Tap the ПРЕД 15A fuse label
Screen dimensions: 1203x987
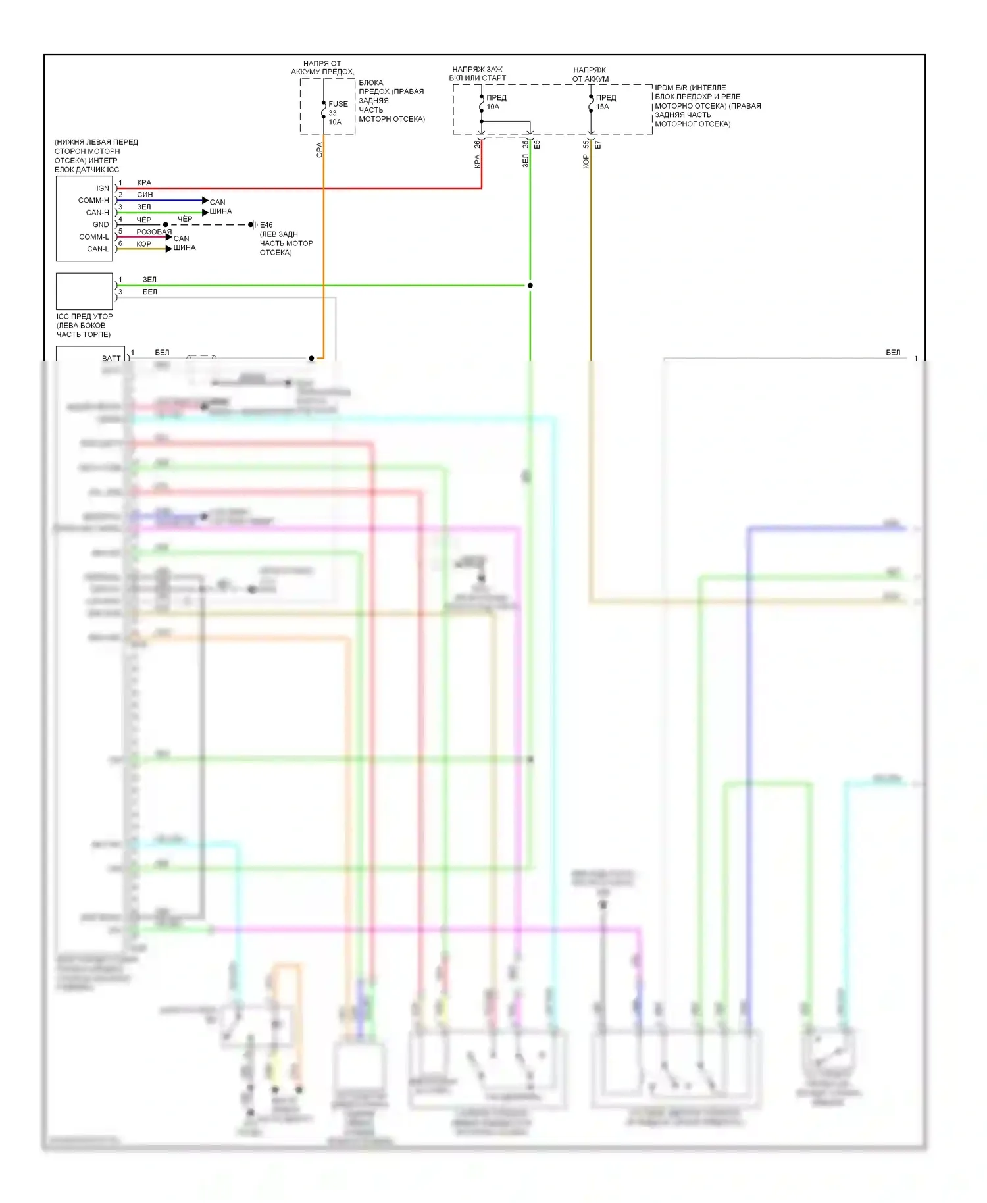click(x=605, y=102)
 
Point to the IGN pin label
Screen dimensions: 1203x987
click(x=103, y=188)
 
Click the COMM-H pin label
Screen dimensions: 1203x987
click(x=93, y=200)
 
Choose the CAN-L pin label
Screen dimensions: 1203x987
click(x=97, y=249)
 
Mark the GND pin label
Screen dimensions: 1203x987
click(x=101, y=224)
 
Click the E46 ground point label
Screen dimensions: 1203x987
click(x=266, y=225)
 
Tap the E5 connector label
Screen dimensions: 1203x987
click(x=537, y=145)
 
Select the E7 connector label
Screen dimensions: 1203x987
click(x=597, y=145)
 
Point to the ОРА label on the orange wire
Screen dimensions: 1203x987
click(x=320, y=150)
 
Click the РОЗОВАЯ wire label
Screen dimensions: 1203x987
click(x=153, y=232)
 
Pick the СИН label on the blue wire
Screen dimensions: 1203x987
click(x=145, y=195)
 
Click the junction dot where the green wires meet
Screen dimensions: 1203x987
click(x=530, y=285)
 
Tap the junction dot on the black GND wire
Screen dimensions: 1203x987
click(x=165, y=224)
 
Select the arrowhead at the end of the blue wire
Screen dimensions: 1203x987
click(x=205, y=200)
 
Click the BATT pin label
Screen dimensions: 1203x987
click(x=111, y=358)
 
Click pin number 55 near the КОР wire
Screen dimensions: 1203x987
click(x=586, y=144)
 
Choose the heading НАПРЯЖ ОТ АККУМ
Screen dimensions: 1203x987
click(x=590, y=74)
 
